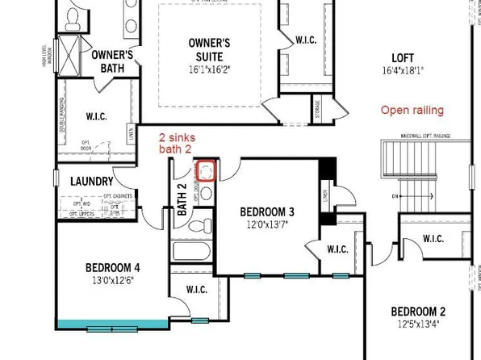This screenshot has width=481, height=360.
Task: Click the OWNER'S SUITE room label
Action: (x=209, y=49)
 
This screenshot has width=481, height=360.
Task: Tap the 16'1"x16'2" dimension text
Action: (x=209, y=69)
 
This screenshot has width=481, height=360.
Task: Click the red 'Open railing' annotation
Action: (x=412, y=110)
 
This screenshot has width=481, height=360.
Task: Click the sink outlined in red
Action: (x=207, y=171)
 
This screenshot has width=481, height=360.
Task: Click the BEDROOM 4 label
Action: (x=113, y=267)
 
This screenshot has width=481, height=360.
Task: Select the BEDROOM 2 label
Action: (x=418, y=312)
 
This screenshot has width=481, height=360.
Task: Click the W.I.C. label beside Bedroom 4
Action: (x=197, y=289)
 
